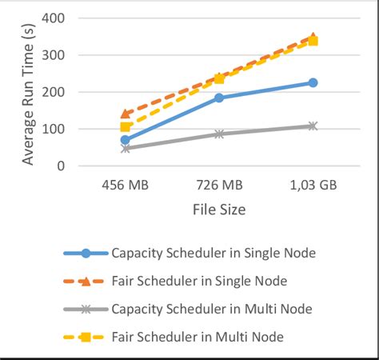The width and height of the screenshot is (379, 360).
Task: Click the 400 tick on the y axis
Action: pos(55,18)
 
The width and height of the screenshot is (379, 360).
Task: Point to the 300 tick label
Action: pos(55,55)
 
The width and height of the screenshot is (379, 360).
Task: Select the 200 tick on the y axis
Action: pos(55,92)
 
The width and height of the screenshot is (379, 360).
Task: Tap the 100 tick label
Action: pos(55,129)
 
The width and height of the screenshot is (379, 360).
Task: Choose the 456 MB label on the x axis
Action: pos(126,184)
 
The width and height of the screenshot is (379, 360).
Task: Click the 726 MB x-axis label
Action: pos(218,184)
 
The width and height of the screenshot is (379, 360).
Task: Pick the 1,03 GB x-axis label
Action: pos(312,184)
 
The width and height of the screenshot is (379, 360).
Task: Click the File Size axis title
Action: pos(218,210)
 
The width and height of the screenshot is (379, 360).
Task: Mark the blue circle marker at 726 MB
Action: pos(219,98)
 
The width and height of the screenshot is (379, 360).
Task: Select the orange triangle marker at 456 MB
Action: pos(126,114)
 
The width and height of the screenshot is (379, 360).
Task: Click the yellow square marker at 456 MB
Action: pos(126,126)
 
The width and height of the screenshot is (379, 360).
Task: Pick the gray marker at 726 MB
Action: pos(219,134)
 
